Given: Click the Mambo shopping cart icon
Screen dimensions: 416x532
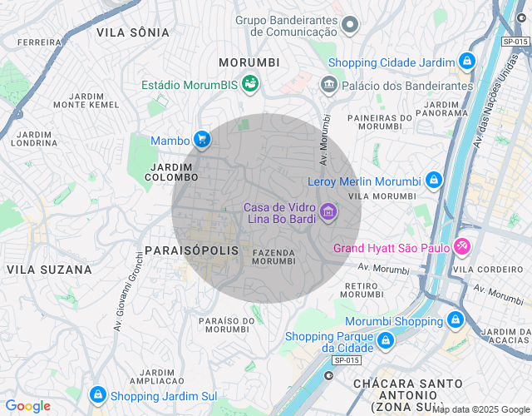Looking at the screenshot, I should [x=201, y=140].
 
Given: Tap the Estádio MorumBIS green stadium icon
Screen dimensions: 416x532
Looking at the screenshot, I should [x=249, y=84].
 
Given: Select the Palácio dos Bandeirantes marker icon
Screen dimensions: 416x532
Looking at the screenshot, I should [x=328, y=84].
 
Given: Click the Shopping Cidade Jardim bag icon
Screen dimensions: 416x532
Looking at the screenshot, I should [x=467, y=62].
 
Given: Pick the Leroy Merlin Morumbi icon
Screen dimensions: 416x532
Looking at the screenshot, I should [x=433, y=181].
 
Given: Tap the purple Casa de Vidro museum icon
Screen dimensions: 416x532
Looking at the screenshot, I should [x=328, y=213].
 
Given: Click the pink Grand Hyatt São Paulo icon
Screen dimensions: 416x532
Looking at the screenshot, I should [x=463, y=247].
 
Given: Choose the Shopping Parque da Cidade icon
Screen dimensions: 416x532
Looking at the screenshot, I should [x=385, y=341].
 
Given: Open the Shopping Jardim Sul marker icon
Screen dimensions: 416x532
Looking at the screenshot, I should [x=98, y=395].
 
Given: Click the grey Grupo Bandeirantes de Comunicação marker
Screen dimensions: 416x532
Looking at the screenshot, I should [x=350, y=25].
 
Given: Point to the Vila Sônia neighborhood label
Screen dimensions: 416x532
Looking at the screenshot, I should [x=133, y=32].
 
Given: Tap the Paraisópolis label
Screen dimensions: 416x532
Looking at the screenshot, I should [x=191, y=250].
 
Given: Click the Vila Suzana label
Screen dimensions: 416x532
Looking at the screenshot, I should [x=49, y=270].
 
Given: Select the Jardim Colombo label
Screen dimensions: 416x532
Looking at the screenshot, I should [x=173, y=172].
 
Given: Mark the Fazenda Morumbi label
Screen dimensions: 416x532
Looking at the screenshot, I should [x=273, y=256].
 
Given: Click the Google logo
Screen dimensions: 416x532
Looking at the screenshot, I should [x=27, y=406].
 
